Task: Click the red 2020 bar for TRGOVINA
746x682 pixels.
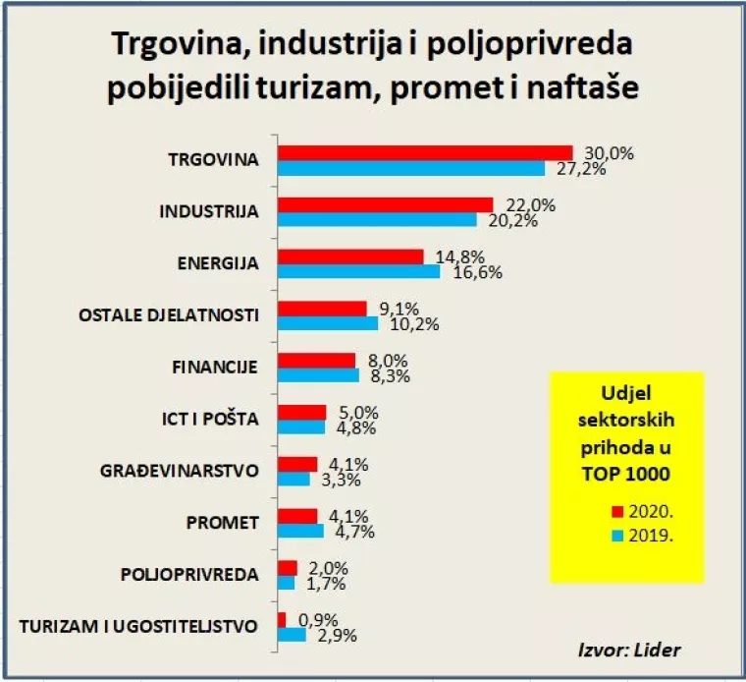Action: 424,152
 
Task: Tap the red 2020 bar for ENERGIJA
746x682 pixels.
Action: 350,256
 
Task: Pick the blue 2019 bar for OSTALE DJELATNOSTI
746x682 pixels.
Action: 328,323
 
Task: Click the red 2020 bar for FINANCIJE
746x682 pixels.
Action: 316,361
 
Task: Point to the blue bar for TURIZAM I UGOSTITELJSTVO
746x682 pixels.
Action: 292,635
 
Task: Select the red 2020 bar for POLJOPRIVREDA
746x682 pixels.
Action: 287,568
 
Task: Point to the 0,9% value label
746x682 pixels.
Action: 315,620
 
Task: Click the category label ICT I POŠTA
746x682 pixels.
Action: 209,419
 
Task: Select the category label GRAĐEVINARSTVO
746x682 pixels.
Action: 179,471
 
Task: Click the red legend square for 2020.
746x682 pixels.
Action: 617,511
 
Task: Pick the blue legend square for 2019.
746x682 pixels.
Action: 617,537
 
